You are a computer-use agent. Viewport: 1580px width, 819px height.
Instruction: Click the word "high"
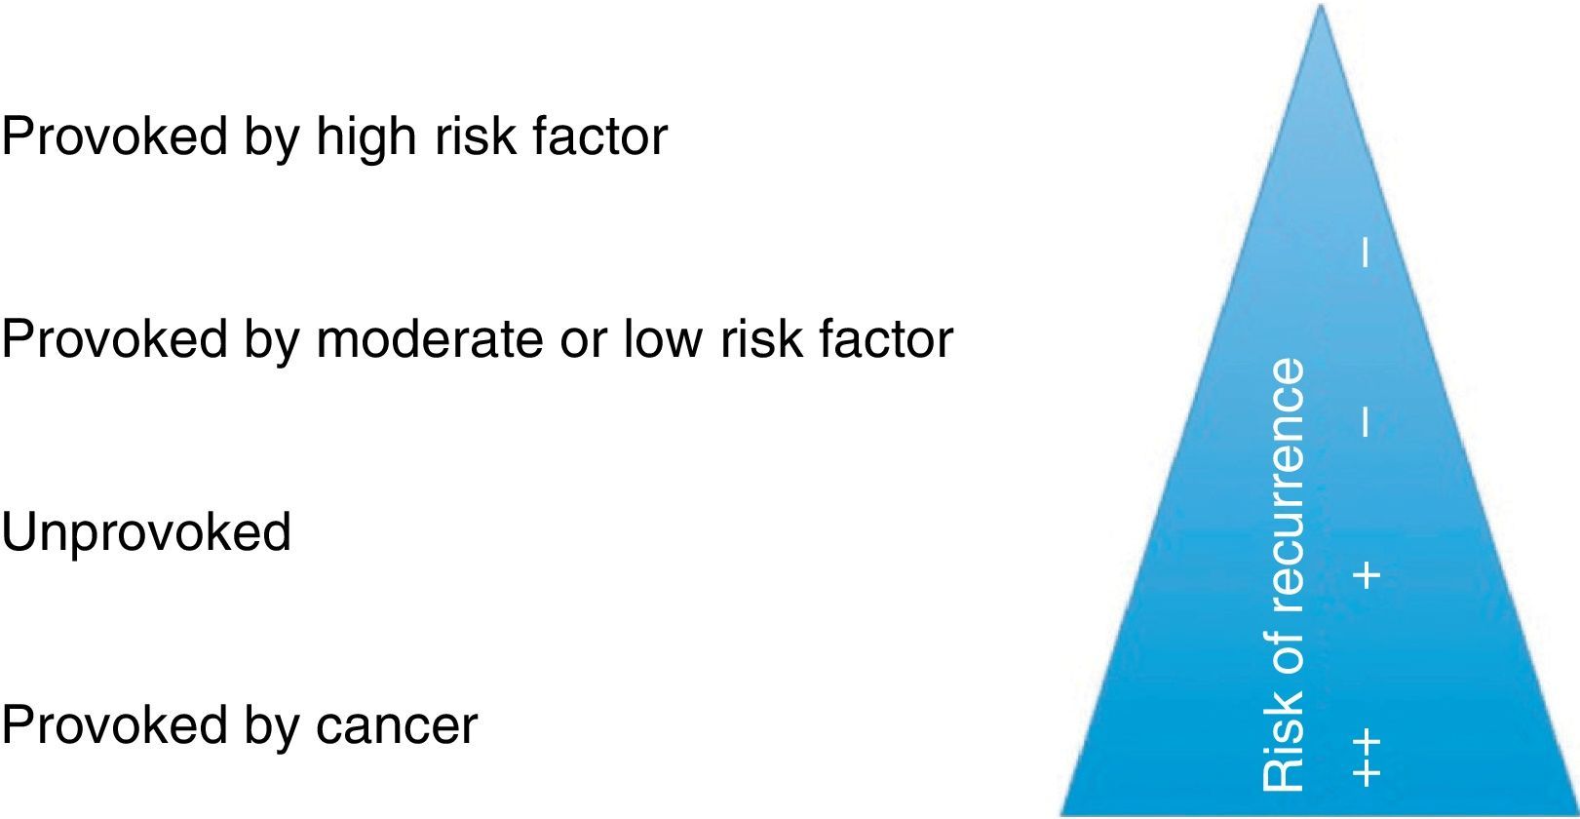(366, 137)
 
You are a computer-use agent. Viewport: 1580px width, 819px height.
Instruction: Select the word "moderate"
(430, 340)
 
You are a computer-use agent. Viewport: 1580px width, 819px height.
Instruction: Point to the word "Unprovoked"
(146, 533)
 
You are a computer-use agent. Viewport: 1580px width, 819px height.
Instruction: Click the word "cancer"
(397, 726)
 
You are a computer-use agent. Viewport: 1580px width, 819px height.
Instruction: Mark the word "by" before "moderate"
(272, 343)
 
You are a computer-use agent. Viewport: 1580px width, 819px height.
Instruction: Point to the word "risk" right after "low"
(760, 340)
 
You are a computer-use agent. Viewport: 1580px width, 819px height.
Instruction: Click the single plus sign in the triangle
(1367, 575)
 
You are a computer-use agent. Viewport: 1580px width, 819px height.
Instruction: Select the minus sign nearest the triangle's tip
(1367, 253)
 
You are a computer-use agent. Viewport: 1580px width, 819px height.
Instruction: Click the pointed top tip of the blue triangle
(1321, 4)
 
